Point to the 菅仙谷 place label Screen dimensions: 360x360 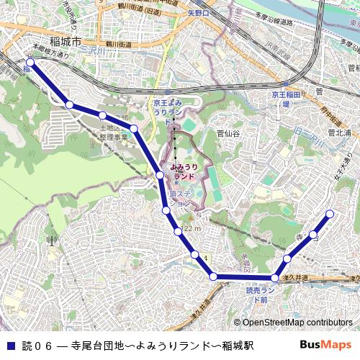click(228, 133)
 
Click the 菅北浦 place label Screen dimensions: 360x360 click(338, 133)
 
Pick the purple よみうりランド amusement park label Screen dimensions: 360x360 click(184, 171)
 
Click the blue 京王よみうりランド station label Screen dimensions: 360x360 click(172, 112)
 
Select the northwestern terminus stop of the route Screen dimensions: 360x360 click(30, 63)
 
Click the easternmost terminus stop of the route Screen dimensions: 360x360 click(330, 213)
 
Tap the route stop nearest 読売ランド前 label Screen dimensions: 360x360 click(274, 278)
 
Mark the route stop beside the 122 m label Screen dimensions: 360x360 click(177, 230)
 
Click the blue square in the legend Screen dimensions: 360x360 click(9, 345)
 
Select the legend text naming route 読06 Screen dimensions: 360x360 click(136, 345)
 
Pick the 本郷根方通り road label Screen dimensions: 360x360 click(50, 52)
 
